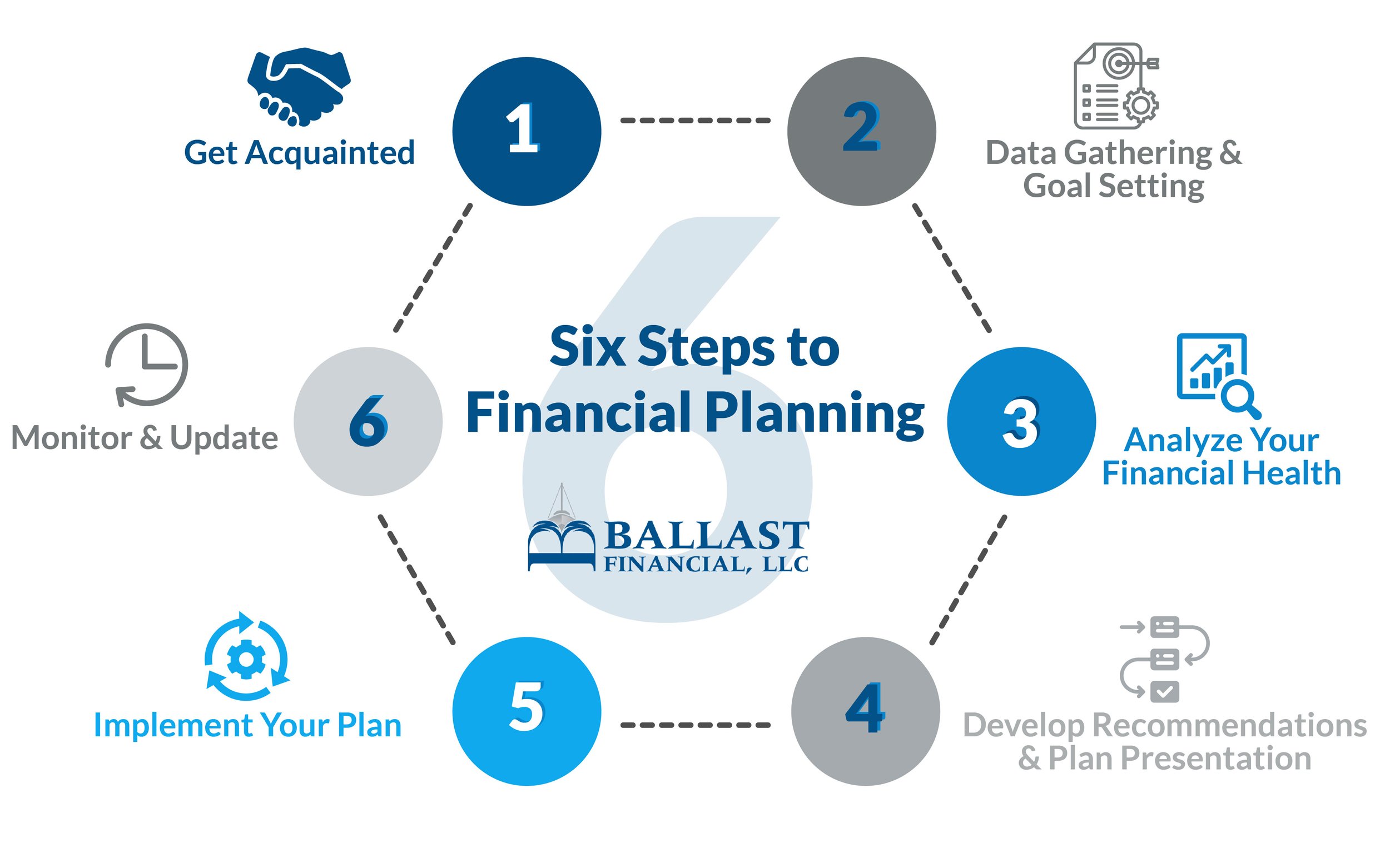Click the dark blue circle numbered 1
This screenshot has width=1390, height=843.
coord(527,131)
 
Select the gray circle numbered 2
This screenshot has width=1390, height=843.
coord(861,131)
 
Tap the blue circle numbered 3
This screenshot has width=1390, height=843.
coord(1021,421)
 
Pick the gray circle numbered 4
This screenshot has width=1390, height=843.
coord(865,711)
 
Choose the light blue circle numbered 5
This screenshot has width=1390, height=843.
coord(527,711)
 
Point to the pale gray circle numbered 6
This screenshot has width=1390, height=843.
coord(368,421)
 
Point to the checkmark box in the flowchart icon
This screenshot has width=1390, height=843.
coord(1164,691)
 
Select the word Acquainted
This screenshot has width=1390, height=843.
coord(330,153)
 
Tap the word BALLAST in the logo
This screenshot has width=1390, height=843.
coord(707,536)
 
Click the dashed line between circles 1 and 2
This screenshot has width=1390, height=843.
coord(695,120)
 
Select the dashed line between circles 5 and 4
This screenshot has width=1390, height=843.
coord(695,725)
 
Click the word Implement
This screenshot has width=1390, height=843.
coord(172,725)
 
